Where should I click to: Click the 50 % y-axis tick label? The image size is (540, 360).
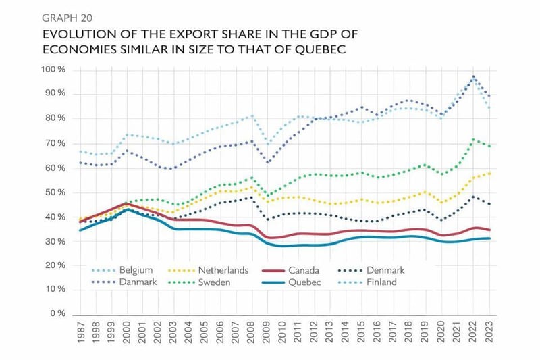(53, 192)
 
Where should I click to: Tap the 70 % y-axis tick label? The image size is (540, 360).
(53, 143)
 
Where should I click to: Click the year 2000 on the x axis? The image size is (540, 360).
(125, 334)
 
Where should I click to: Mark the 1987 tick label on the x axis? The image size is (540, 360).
(79, 334)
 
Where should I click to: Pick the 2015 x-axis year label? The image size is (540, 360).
(360, 334)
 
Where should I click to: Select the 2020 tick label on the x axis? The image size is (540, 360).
(442, 334)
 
